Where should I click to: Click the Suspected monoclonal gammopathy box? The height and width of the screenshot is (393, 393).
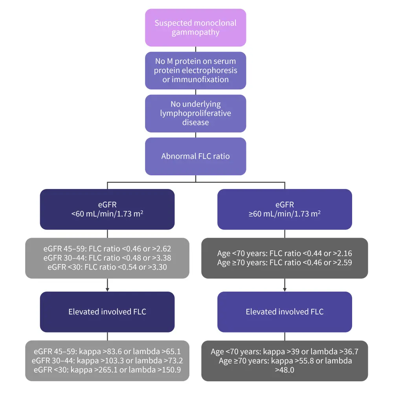click(195, 28)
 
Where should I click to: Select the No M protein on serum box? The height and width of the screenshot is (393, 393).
click(195, 70)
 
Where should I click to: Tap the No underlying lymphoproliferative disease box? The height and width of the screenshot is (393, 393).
click(195, 113)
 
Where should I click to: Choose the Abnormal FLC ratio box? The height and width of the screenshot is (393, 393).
click(195, 156)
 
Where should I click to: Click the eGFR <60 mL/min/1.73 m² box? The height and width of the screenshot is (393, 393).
click(107, 209)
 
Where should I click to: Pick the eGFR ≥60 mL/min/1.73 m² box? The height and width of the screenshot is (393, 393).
click(285, 209)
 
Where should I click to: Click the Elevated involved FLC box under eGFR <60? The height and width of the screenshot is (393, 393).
click(107, 312)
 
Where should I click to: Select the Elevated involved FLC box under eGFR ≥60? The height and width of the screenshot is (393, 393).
click(285, 312)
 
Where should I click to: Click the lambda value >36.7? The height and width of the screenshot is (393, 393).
click(347, 351)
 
